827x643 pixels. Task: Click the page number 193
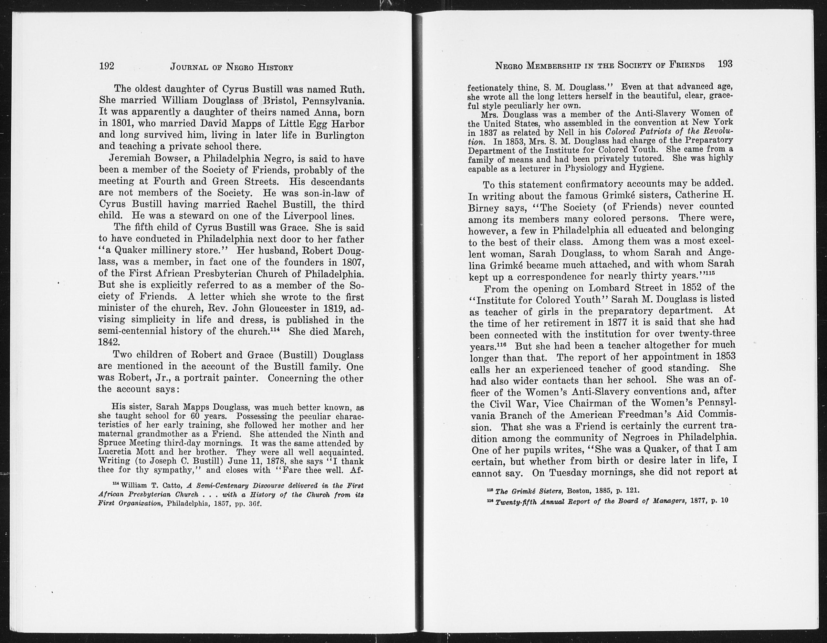pyautogui.click(x=725, y=64)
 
